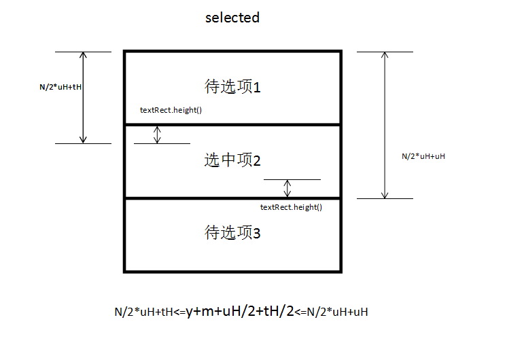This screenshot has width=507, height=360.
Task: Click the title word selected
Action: point(232,18)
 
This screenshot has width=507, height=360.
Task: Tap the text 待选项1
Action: point(232,87)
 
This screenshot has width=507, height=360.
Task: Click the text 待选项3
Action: point(232,233)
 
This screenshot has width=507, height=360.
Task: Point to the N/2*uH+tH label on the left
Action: point(61,87)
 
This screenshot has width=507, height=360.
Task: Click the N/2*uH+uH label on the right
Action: point(423,156)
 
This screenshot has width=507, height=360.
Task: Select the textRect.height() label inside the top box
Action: point(171,110)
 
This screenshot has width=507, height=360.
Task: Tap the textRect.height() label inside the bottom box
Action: point(291,207)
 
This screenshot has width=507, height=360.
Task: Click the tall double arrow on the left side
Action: point(83,97)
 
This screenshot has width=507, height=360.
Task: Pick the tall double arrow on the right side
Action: point(385,125)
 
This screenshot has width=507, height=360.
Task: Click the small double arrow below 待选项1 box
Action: point(157,134)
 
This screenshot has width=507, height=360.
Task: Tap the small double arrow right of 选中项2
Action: point(287,188)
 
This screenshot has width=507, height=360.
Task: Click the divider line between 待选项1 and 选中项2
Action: point(232,125)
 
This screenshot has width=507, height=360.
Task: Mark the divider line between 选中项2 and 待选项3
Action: point(232,198)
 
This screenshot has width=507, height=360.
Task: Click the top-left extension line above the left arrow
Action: point(83,52)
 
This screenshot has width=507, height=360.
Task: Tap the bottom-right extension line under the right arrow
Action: point(385,198)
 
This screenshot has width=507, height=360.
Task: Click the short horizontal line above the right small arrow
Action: point(292,179)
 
